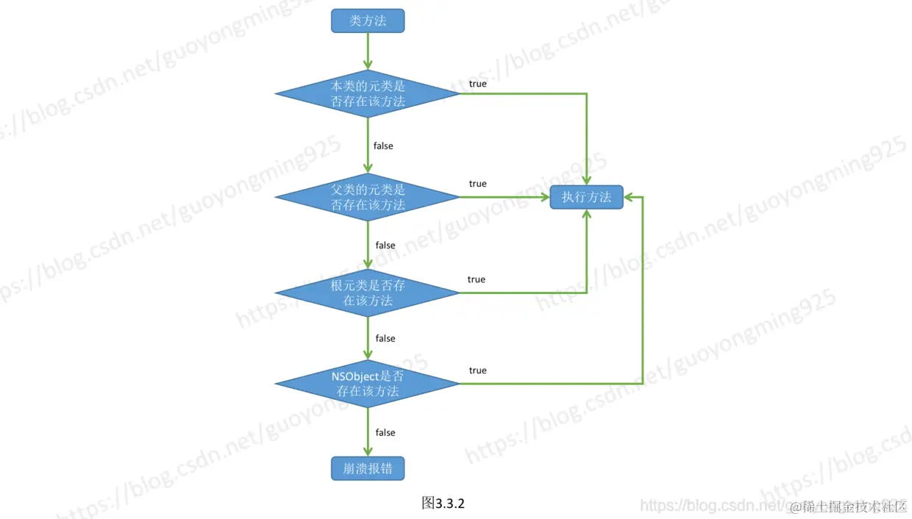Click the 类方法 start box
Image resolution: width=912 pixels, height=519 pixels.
pos(368,21)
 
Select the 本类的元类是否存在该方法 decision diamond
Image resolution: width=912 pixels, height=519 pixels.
pos(368,93)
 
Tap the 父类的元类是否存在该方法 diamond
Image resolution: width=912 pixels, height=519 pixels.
pos(368,197)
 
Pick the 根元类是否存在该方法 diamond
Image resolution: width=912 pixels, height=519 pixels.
pos(368,293)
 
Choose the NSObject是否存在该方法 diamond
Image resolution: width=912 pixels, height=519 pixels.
pos(368,384)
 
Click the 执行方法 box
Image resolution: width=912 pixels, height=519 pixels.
pos(586,197)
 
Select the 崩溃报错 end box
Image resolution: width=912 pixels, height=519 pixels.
pos(368,468)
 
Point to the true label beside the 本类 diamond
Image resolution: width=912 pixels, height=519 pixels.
pos(477,84)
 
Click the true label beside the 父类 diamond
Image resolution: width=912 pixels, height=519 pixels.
pos(477,184)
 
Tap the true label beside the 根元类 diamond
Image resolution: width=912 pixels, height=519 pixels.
pos(476,279)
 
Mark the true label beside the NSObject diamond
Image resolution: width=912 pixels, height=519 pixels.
pos(477,371)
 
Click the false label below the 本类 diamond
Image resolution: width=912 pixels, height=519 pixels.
pos(383,146)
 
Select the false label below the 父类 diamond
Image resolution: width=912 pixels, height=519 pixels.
pos(385,245)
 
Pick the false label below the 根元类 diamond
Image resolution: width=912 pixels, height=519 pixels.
pos(385,338)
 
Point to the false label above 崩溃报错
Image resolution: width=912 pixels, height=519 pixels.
pos(385,432)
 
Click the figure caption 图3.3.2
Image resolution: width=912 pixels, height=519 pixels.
pos(443,504)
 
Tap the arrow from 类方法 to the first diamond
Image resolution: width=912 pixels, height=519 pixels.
pos(368,51)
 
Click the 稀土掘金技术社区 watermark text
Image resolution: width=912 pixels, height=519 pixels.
pos(853,506)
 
